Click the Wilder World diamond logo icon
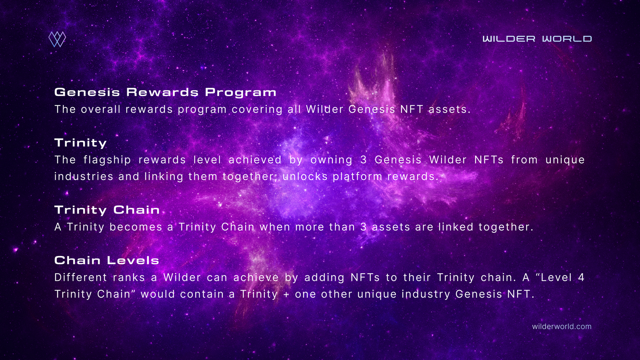pos(57,39)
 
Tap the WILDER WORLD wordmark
pos(537,39)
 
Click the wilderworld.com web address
pos(562,326)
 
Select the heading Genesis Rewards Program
pos(166,92)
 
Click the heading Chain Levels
pos(106,260)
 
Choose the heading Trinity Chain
pos(107,210)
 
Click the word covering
pos(257,110)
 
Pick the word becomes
pos(136,227)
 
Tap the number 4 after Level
pos(581,278)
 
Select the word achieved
pos(255,160)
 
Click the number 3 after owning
pos(364,160)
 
